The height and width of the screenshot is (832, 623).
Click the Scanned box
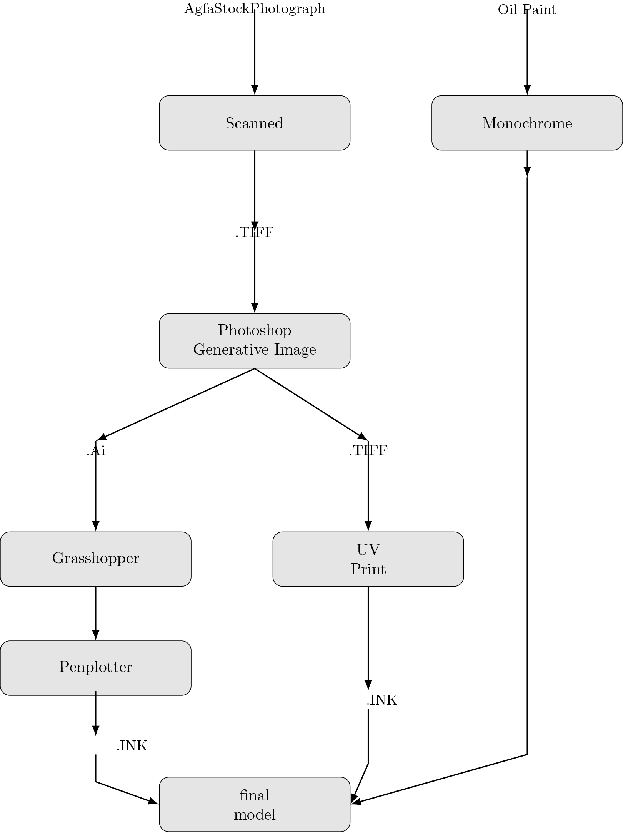(x=254, y=123)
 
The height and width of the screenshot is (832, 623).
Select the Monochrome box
(x=527, y=123)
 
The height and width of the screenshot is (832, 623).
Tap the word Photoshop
(x=254, y=331)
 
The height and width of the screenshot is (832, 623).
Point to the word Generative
(x=231, y=350)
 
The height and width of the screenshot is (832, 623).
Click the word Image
(x=295, y=350)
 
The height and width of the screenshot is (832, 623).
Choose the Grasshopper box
(x=95, y=559)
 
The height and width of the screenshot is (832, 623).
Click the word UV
(x=368, y=550)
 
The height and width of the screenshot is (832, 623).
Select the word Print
(x=368, y=569)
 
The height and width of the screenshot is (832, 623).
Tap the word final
(x=254, y=795)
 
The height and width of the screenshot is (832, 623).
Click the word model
(x=254, y=815)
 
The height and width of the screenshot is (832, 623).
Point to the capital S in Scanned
(x=230, y=123)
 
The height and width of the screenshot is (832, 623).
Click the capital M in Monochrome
(x=490, y=123)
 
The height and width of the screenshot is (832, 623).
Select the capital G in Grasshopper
(x=57, y=558)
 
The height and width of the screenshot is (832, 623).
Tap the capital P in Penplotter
(x=63, y=667)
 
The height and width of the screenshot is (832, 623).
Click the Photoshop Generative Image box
(x=254, y=341)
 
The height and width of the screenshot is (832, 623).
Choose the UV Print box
(x=368, y=559)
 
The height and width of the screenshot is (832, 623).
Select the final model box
(x=254, y=804)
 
